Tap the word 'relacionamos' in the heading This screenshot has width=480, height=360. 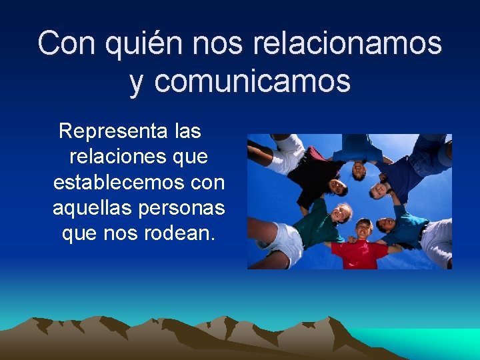(x=347, y=43)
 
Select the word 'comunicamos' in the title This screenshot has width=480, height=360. (x=252, y=81)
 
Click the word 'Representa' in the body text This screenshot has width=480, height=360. (x=113, y=131)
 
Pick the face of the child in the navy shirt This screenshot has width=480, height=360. (x=380, y=189)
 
